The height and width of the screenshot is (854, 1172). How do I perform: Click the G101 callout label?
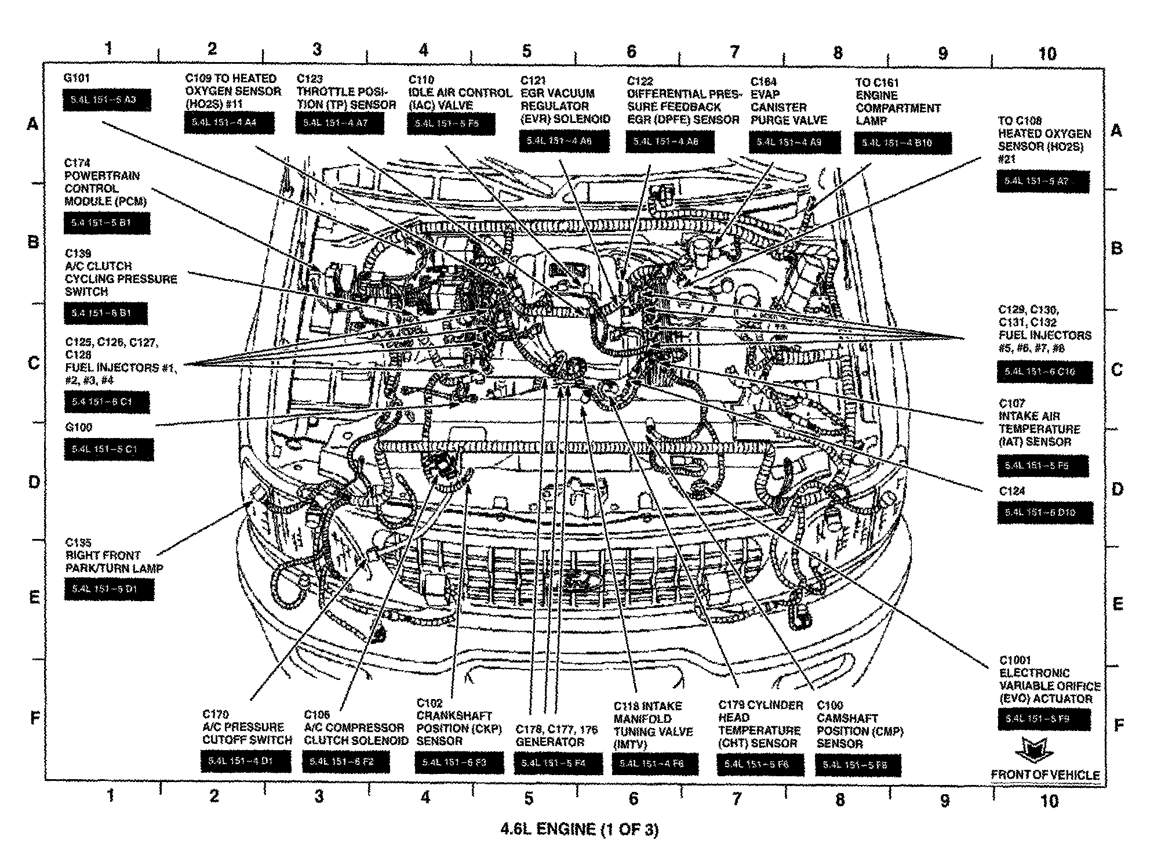click(77, 78)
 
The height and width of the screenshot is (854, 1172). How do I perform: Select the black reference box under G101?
click(107, 100)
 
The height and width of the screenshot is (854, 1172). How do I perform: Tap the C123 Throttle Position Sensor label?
click(346, 92)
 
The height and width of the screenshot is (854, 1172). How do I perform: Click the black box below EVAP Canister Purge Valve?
click(794, 142)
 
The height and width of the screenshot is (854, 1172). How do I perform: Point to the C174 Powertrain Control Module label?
click(105, 182)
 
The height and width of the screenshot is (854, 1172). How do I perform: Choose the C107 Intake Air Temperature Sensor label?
click(1039, 422)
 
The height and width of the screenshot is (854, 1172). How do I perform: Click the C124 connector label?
click(1012, 491)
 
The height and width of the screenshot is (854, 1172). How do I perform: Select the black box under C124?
click(1044, 512)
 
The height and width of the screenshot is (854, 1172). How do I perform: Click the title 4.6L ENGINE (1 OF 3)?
click(580, 830)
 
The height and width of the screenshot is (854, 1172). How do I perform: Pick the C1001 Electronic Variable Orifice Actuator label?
click(1049, 679)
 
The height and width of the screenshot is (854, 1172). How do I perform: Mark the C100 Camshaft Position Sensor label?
click(860, 725)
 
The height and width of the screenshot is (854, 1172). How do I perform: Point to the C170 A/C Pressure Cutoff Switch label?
click(247, 727)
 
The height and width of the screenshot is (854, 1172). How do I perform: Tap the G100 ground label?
click(78, 428)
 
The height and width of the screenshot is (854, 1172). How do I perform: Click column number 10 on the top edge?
click(1047, 54)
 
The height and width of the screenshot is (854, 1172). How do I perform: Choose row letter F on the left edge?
click(35, 719)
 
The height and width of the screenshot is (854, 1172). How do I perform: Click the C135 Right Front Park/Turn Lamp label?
click(114, 555)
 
